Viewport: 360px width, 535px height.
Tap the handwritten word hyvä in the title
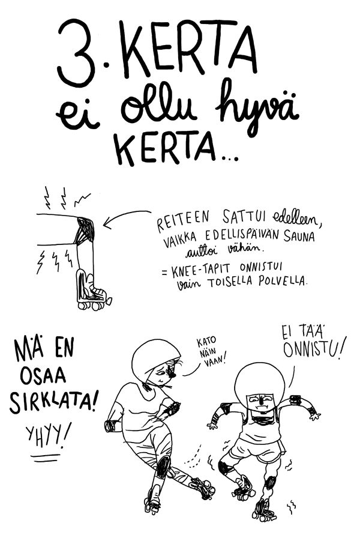256,109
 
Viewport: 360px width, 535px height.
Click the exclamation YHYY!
49,435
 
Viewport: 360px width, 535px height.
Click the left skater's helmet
155,358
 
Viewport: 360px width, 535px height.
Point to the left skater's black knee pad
163,467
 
